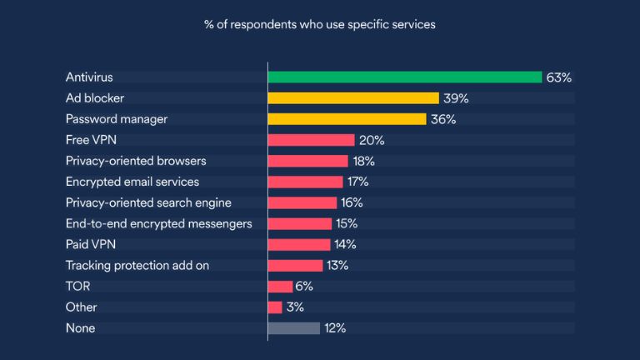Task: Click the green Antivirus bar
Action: [405, 77]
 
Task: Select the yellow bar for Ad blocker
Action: [353, 98]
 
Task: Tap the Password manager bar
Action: [347, 119]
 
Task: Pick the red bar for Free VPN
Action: [311, 140]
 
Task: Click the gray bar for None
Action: [293, 328]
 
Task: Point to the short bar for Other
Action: [275, 307]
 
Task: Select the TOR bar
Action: [280, 287]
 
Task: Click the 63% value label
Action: [558, 77]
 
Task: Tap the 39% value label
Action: [455, 98]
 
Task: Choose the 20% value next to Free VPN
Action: [371, 140]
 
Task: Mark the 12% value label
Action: [335, 328]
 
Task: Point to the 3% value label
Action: [296, 307]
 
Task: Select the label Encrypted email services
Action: [132, 182]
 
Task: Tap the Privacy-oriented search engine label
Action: [148, 202]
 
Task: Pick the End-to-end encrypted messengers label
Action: [158, 223]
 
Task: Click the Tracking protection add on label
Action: [137, 266]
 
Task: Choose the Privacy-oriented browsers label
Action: [136, 161]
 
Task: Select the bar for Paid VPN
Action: [299, 244]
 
